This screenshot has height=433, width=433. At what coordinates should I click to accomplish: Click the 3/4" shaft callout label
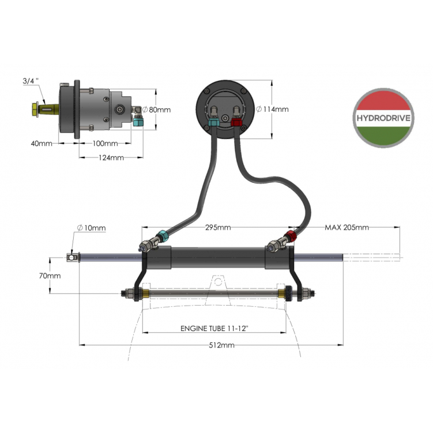point(31,81)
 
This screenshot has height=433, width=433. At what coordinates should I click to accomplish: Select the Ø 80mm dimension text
point(157,110)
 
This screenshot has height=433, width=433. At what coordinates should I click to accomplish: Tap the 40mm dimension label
point(42,144)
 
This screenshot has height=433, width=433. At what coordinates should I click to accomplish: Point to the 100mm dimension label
point(105,144)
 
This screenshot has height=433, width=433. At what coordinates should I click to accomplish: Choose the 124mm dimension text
point(111,157)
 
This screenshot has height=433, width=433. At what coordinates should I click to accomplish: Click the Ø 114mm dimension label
point(273,110)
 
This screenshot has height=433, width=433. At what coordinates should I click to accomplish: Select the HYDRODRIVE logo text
point(383,118)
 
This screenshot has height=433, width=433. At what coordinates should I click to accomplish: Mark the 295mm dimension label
point(218,227)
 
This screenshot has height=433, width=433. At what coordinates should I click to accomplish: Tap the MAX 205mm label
point(347,227)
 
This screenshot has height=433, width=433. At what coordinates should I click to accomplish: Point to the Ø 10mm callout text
point(92,228)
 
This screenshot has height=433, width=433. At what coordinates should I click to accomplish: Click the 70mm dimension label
point(50,276)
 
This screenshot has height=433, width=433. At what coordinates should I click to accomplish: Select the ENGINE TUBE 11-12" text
point(214,329)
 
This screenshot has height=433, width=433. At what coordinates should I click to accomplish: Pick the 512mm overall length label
point(221,345)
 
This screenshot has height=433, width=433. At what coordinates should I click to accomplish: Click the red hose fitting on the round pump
point(236,122)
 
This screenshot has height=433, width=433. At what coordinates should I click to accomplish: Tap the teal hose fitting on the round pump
point(214,123)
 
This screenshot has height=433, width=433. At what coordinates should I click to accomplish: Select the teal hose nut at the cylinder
point(162,236)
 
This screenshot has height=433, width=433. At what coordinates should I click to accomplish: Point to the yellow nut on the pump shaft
point(35,110)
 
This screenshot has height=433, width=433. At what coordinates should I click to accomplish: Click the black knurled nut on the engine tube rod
point(288,293)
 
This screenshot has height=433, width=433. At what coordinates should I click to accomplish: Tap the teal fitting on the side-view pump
point(138,121)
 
